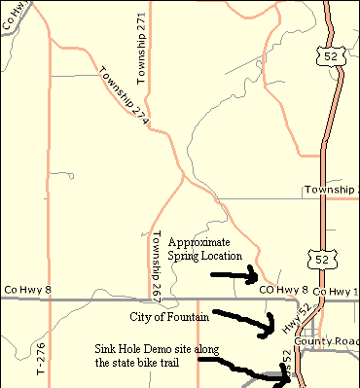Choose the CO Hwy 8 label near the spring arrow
point(283,290)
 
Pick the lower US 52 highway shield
point(319,257)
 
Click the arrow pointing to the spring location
point(234,275)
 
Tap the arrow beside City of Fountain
point(243,320)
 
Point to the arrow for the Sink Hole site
point(247,370)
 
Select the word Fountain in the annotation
point(193,317)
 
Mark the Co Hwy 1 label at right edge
point(342,291)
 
